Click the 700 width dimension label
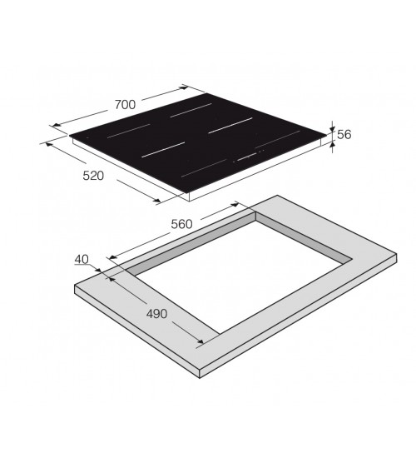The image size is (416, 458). [x=125, y=105]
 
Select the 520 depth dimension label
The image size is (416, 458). [x=93, y=176]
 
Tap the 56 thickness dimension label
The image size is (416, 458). [x=344, y=134]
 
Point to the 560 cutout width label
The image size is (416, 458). [x=181, y=224]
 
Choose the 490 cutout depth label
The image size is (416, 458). [x=156, y=314]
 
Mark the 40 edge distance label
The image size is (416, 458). [x=82, y=259]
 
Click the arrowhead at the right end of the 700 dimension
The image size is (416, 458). [x=185, y=87]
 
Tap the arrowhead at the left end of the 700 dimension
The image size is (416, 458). [x=57, y=125]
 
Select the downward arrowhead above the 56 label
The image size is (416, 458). [x=332, y=129]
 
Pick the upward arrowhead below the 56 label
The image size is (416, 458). [x=332, y=145]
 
